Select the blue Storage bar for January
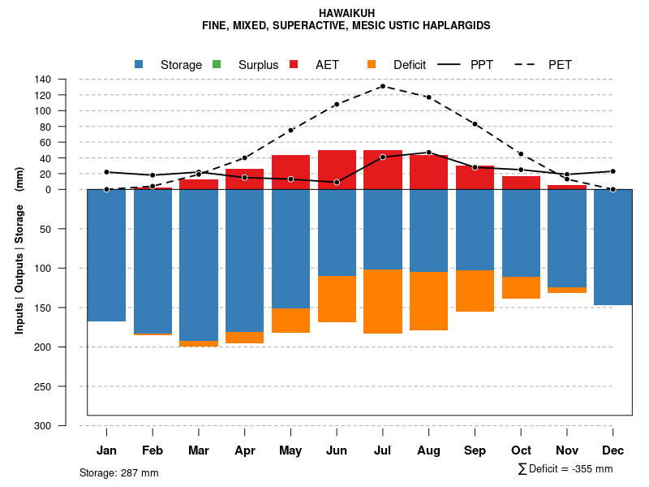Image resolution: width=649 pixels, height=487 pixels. pos(106,255)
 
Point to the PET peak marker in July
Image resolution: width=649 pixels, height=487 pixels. pos(382,86)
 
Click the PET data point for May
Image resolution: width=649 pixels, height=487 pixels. pos(290,130)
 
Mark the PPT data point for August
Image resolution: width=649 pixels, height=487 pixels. pos(429,153)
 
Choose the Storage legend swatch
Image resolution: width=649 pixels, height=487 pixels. pos(139,65)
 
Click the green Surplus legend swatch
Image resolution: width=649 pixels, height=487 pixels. pos(217,65)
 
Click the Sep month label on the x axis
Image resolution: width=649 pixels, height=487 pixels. pos(475,450)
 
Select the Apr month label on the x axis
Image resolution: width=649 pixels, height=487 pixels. pos(245,450)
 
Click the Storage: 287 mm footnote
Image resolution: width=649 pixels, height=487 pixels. pos(118,472)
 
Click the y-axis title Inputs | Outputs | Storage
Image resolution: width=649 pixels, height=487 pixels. pos(19,250)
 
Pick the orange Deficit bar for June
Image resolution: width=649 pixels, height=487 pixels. pos(337,299)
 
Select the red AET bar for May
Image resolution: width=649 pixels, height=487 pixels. pos(290,172)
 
